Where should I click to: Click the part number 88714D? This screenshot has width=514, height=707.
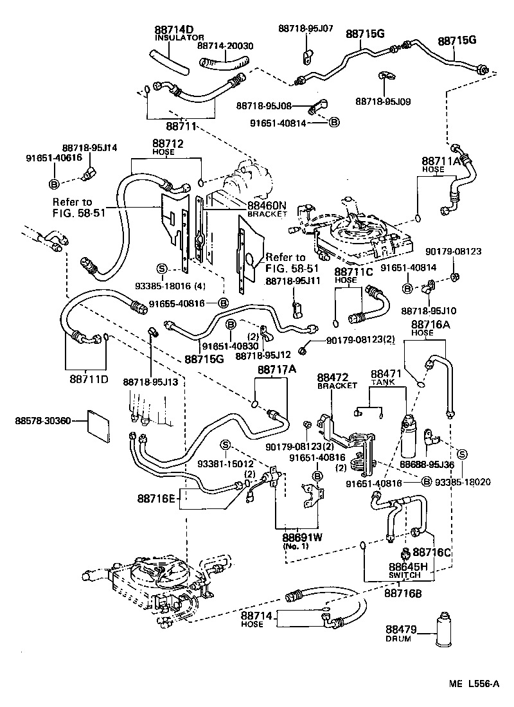click(x=174, y=30)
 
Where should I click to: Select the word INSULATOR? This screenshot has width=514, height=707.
click(x=173, y=38)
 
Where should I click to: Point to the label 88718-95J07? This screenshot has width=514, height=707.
click(x=306, y=28)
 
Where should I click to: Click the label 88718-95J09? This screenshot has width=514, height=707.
click(x=383, y=101)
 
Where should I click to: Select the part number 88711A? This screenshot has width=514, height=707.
click(x=441, y=161)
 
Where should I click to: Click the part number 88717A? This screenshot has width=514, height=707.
click(x=277, y=370)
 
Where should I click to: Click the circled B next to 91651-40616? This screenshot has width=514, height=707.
click(x=55, y=184)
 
